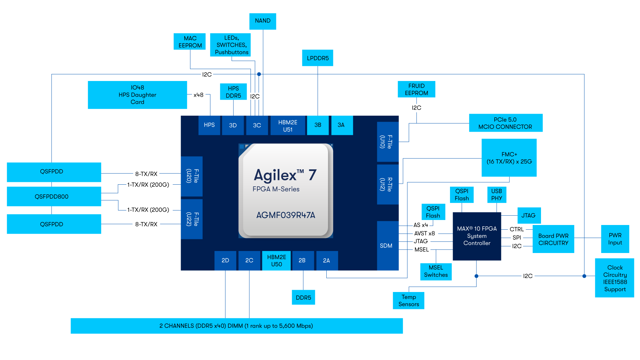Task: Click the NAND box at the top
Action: click(263, 21)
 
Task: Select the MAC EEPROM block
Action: click(190, 42)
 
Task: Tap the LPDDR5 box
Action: click(318, 58)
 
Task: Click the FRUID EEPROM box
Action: click(416, 89)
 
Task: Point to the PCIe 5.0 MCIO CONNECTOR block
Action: click(505, 123)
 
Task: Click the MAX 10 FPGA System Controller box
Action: click(477, 236)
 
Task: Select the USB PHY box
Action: click(496, 195)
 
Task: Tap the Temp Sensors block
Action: click(408, 300)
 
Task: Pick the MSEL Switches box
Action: click(436, 271)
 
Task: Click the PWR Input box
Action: click(615, 239)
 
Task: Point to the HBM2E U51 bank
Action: click(288, 126)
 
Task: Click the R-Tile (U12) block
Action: click(387, 184)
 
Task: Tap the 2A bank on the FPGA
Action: click(327, 260)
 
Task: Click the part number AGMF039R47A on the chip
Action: click(286, 215)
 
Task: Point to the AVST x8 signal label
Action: click(424, 233)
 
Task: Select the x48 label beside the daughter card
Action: click(198, 95)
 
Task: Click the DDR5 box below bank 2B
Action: click(303, 297)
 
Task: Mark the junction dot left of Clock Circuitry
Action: click(584, 276)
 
